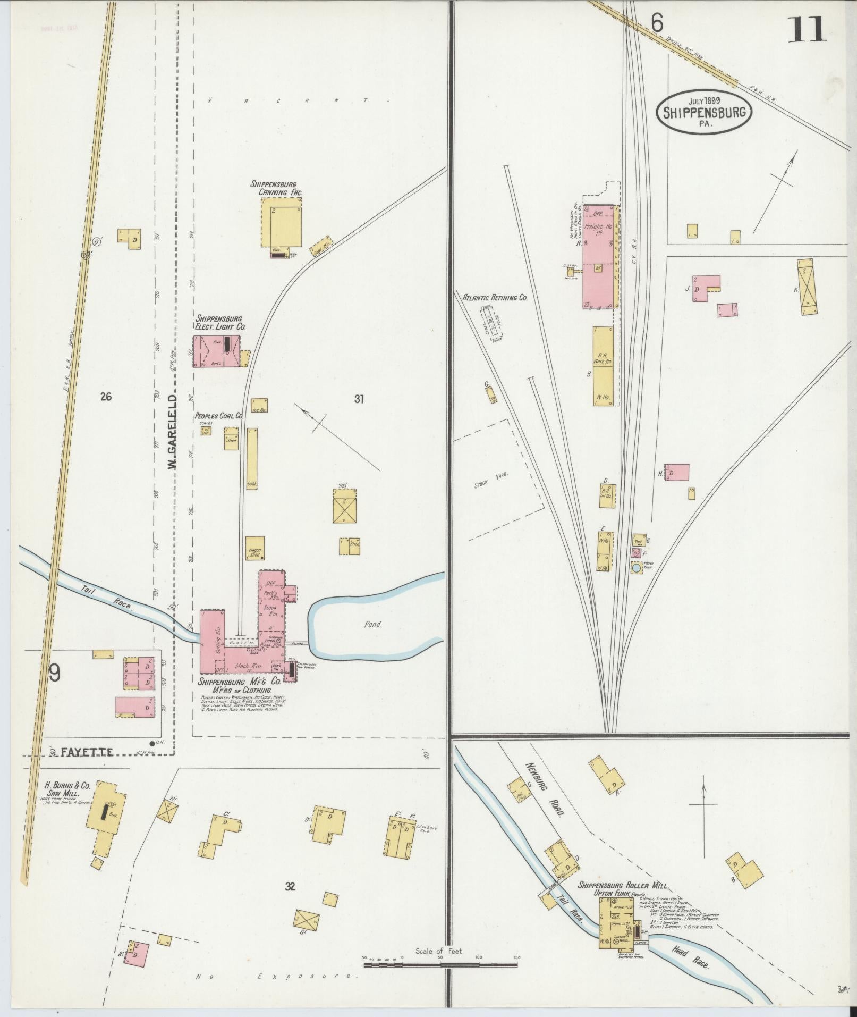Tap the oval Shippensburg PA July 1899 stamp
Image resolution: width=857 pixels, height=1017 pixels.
point(705,111)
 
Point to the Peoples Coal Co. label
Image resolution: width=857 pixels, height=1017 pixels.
point(218,416)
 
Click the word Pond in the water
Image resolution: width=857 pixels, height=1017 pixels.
point(372,624)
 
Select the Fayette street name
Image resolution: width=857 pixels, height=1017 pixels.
point(87,752)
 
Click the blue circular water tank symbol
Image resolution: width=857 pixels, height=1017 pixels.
point(636,568)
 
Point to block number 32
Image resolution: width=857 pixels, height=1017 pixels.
point(290,886)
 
